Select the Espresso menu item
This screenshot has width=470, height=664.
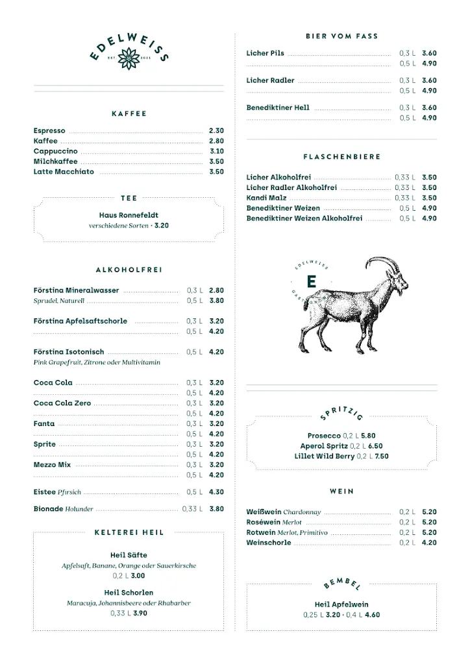point(49,131)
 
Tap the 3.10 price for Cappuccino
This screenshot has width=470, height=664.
point(216,152)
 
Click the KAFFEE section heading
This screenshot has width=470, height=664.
point(129,114)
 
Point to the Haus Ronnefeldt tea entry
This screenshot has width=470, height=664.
point(129,215)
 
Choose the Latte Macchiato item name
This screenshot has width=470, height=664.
point(64,172)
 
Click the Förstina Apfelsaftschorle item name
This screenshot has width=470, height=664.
point(80,322)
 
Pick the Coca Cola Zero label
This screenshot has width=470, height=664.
point(62,403)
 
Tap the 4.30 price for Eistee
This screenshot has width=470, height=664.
point(216,492)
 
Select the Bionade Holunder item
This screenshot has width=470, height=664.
point(64,510)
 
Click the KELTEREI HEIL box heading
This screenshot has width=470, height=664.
point(129,532)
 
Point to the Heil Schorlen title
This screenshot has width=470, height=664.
point(129,593)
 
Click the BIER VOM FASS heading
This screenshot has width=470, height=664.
point(341,36)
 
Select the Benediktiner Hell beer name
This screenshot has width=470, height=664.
point(278,108)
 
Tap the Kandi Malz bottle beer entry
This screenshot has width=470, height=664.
point(266,198)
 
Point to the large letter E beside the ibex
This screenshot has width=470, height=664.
point(311,281)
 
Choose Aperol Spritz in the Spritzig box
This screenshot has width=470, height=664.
point(324,446)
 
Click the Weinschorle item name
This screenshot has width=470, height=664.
point(269,543)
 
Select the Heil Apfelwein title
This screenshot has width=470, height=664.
point(341,604)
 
